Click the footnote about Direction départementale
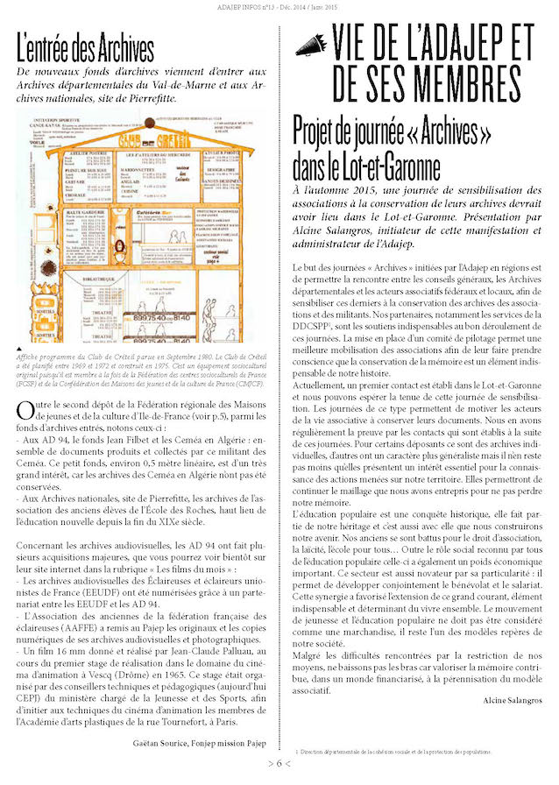(394, 751)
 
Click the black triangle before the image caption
(20, 349)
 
